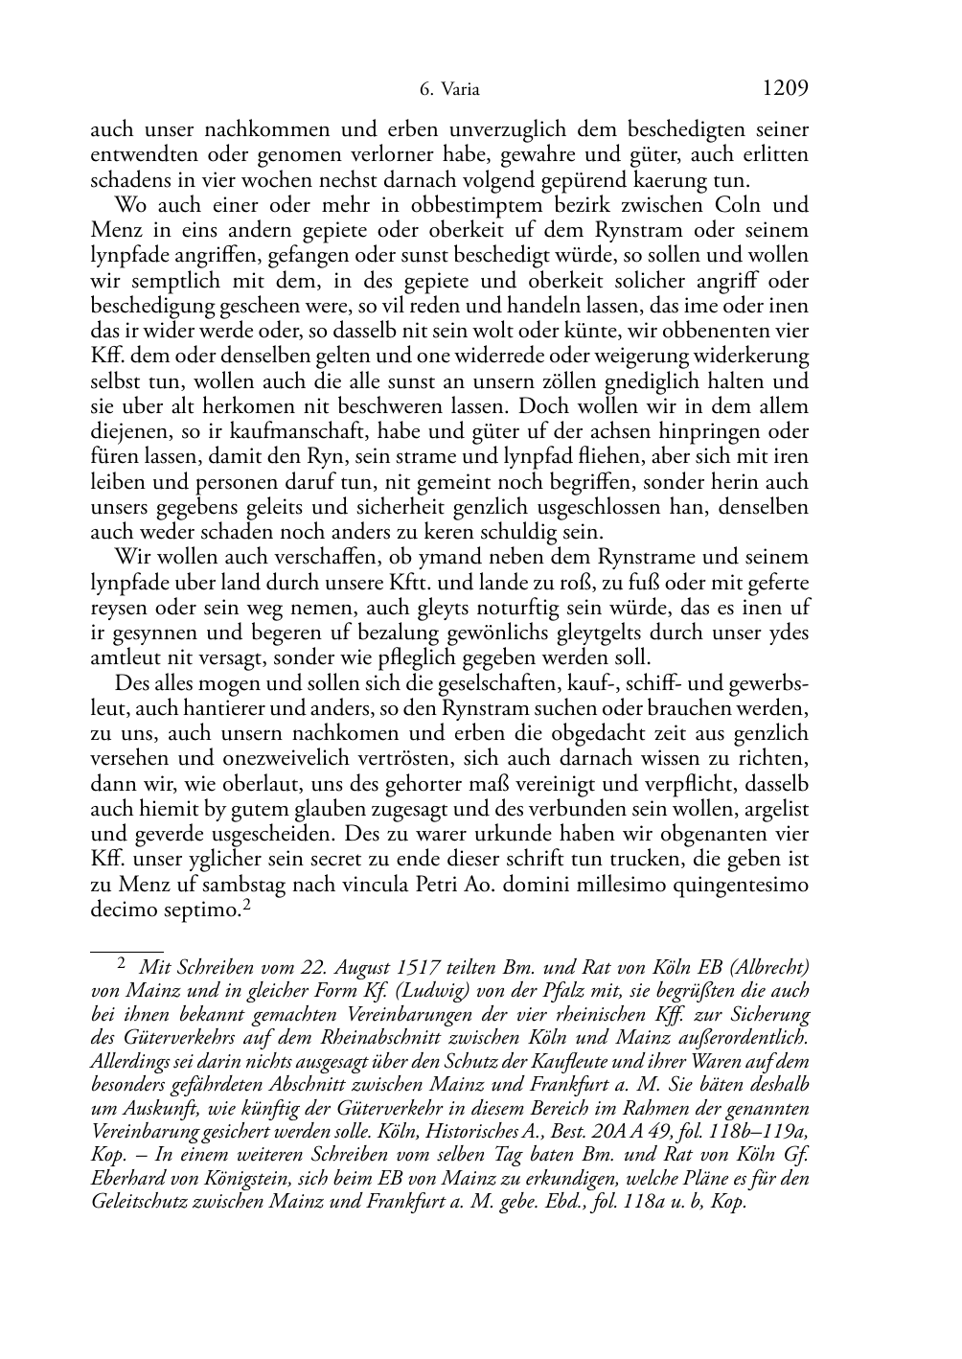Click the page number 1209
tap(786, 89)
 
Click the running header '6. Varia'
tap(449, 91)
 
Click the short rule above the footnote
tap(116, 952)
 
